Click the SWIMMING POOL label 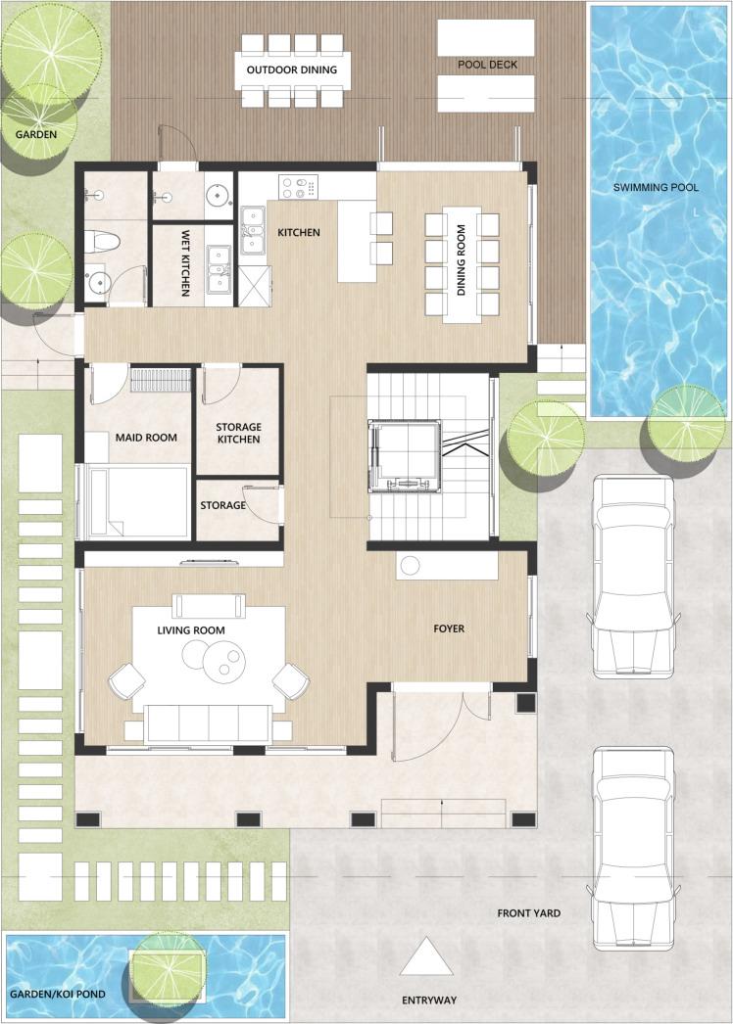[656, 187]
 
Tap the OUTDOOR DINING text [292, 70]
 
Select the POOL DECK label [487, 65]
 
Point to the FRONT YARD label [528, 913]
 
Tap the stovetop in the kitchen [298, 187]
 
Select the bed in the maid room [135, 501]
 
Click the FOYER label [449, 628]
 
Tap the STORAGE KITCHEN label [239, 433]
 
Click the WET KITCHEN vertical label [186, 262]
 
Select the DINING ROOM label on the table [462, 260]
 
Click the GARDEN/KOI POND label [58, 994]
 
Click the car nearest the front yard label [633, 848]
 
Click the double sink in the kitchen [253, 230]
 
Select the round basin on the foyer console [410, 566]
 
